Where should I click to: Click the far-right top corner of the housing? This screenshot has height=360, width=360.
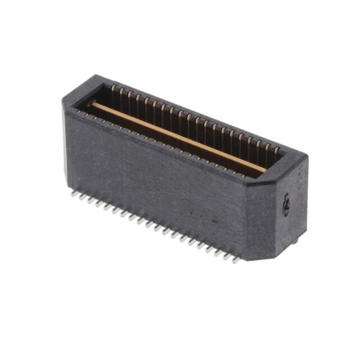307,155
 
